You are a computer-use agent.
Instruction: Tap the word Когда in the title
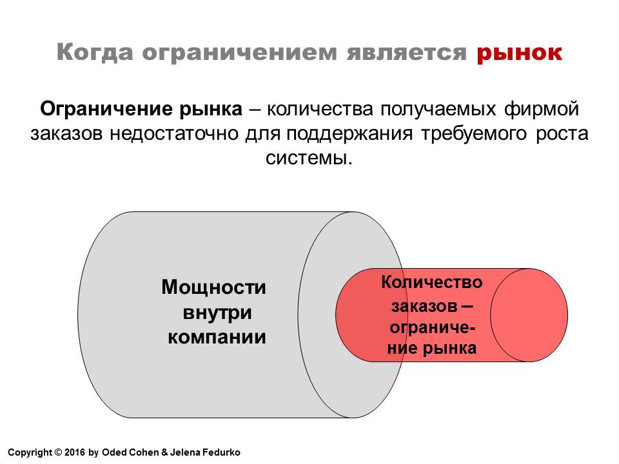click(x=95, y=52)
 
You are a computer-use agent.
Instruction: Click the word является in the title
click(x=407, y=52)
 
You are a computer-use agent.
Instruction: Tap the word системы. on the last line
click(x=309, y=159)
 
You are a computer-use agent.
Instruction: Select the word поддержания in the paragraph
click(x=349, y=134)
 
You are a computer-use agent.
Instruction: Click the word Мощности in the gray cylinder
click(x=213, y=287)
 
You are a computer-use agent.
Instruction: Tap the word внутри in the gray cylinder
click(x=217, y=313)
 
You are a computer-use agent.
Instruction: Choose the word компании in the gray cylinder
click(x=217, y=337)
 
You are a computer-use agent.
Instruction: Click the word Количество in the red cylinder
click(x=431, y=282)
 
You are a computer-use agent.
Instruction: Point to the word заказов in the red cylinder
click(x=424, y=306)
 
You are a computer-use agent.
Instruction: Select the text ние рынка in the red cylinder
click(x=432, y=349)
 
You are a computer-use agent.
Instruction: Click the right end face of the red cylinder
click(x=529, y=315)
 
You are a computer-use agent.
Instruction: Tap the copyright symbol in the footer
click(x=58, y=452)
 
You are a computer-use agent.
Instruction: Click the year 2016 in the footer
click(x=75, y=452)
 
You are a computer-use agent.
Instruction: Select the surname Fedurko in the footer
click(x=221, y=452)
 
